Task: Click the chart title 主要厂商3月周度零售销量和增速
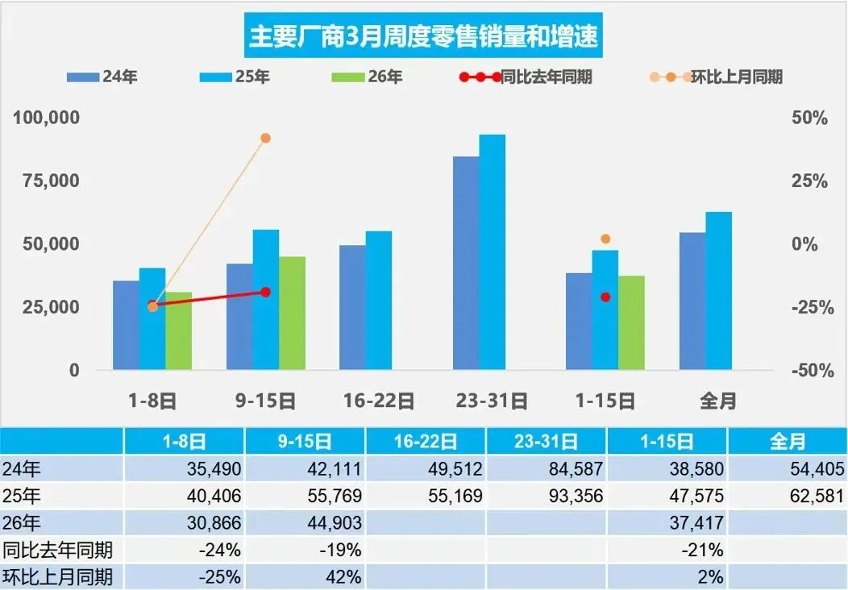click(x=424, y=37)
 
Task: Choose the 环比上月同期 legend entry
click(x=717, y=77)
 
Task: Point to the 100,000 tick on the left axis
click(x=47, y=118)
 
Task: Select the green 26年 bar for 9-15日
click(x=293, y=314)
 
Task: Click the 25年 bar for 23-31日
click(x=493, y=252)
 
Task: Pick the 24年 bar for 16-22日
click(x=352, y=307)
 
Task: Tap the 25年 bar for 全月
click(x=719, y=291)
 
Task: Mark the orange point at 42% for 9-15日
click(x=265, y=138)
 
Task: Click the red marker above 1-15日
click(x=605, y=297)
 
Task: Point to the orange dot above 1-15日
click(x=605, y=239)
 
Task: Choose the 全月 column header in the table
click(x=788, y=441)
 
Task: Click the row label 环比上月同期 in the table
click(x=58, y=577)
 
